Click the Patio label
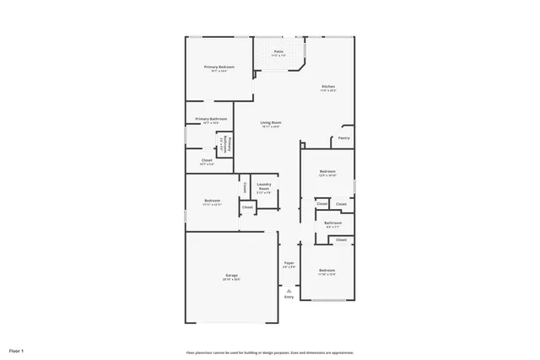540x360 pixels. (278, 51)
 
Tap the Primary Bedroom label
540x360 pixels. (219, 67)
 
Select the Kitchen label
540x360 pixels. (328, 87)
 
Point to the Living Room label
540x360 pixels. (270, 122)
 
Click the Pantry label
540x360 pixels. (344, 137)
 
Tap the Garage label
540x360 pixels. (231, 276)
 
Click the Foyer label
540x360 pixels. (289, 263)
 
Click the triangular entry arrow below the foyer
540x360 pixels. (289, 289)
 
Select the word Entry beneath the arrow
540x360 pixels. (289, 297)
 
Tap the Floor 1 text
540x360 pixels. (17, 350)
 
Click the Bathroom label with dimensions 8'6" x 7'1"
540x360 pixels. (332, 223)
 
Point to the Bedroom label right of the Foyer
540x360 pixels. (327, 271)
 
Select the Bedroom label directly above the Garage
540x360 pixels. (212, 201)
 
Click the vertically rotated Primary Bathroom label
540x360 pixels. (226, 145)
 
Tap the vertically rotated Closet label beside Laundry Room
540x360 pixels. (245, 187)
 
